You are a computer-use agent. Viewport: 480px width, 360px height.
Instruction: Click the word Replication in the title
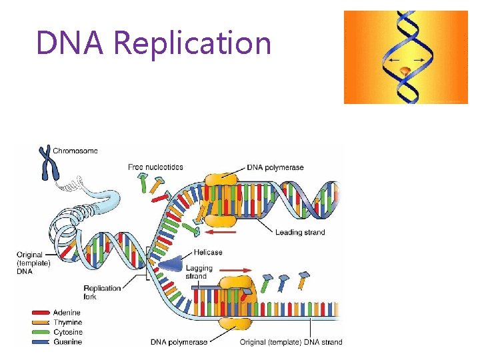(x=193, y=43)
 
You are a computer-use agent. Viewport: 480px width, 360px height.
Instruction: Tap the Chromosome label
(x=75, y=151)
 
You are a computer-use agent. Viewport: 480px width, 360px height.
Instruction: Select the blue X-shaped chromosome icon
(x=46, y=162)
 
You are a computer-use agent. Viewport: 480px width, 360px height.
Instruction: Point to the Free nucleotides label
(x=155, y=167)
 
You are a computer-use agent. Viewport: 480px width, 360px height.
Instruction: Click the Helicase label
(x=208, y=253)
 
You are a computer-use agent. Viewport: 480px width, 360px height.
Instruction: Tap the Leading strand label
(x=300, y=232)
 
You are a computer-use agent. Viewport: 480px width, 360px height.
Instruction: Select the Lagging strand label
(x=200, y=272)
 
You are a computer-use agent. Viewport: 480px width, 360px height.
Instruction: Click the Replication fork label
(x=103, y=292)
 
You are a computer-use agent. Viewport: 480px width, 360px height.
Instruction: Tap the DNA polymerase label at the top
(x=275, y=167)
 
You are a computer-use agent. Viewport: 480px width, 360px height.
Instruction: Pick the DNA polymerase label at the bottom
(x=179, y=343)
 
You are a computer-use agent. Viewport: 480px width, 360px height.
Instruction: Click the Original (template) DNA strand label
(x=291, y=343)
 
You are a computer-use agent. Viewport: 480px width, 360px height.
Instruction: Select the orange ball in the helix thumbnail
(x=405, y=69)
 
